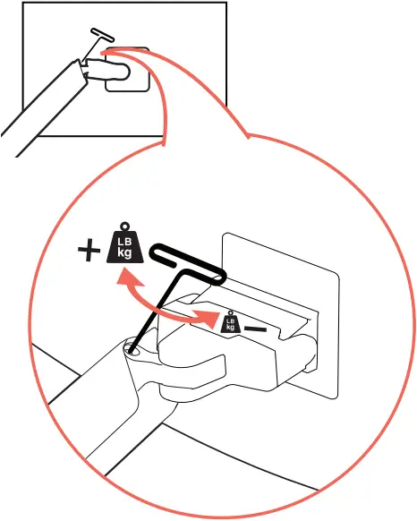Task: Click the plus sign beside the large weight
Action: point(89,252)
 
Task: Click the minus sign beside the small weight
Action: point(256,329)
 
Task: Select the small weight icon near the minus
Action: point(230,324)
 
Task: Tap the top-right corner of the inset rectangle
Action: point(225,4)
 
